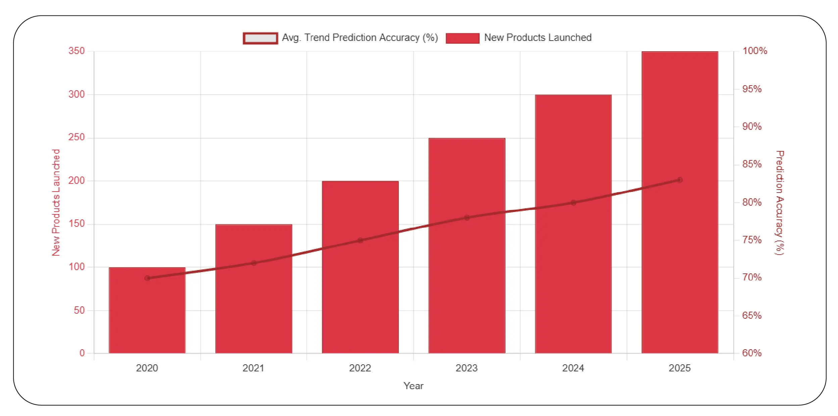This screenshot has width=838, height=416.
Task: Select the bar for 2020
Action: (147, 315)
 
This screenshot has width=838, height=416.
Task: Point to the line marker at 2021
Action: (254, 263)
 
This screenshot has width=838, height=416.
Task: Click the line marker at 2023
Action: (467, 218)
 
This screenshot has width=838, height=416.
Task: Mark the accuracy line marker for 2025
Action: (680, 180)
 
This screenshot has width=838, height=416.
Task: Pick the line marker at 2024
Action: (573, 203)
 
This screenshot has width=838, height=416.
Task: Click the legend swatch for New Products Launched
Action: (462, 38)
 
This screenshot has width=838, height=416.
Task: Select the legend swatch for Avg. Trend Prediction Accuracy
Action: (260, 38)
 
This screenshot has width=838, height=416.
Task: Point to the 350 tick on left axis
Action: (77, 51)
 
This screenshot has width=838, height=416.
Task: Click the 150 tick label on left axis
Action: (77, 224)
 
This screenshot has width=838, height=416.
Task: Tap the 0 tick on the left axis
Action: (82, 353)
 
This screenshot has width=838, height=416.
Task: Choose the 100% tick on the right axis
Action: (754, 51)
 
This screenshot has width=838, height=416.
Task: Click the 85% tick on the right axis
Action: (752, 164)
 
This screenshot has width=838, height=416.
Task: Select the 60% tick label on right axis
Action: (752, 353)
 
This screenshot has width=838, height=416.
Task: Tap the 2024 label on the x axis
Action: (573, 368)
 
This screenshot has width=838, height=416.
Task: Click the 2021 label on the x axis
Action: (253, 368)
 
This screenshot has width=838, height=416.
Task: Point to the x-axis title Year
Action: (413, 386)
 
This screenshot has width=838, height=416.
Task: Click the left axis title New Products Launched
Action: (56, 202)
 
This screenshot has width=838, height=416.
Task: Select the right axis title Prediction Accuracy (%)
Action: (779, 202)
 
